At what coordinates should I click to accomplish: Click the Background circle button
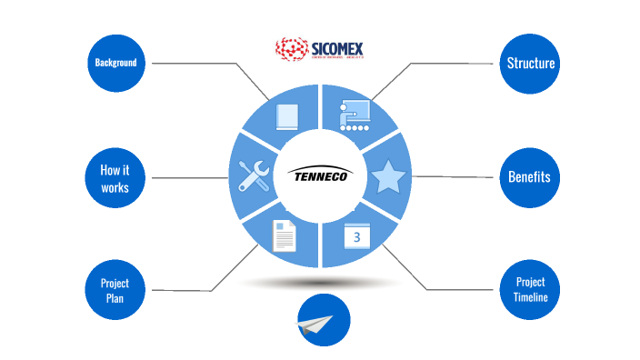115,63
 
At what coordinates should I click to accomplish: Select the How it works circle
115,177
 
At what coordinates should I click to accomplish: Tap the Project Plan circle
115,289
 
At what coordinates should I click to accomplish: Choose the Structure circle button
531,64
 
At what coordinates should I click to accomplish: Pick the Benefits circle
529,176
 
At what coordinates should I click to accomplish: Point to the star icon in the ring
388,176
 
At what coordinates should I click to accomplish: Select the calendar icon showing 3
357,237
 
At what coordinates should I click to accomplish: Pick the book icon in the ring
286,116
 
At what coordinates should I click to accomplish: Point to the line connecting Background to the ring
209,64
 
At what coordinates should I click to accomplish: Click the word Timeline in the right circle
530,298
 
